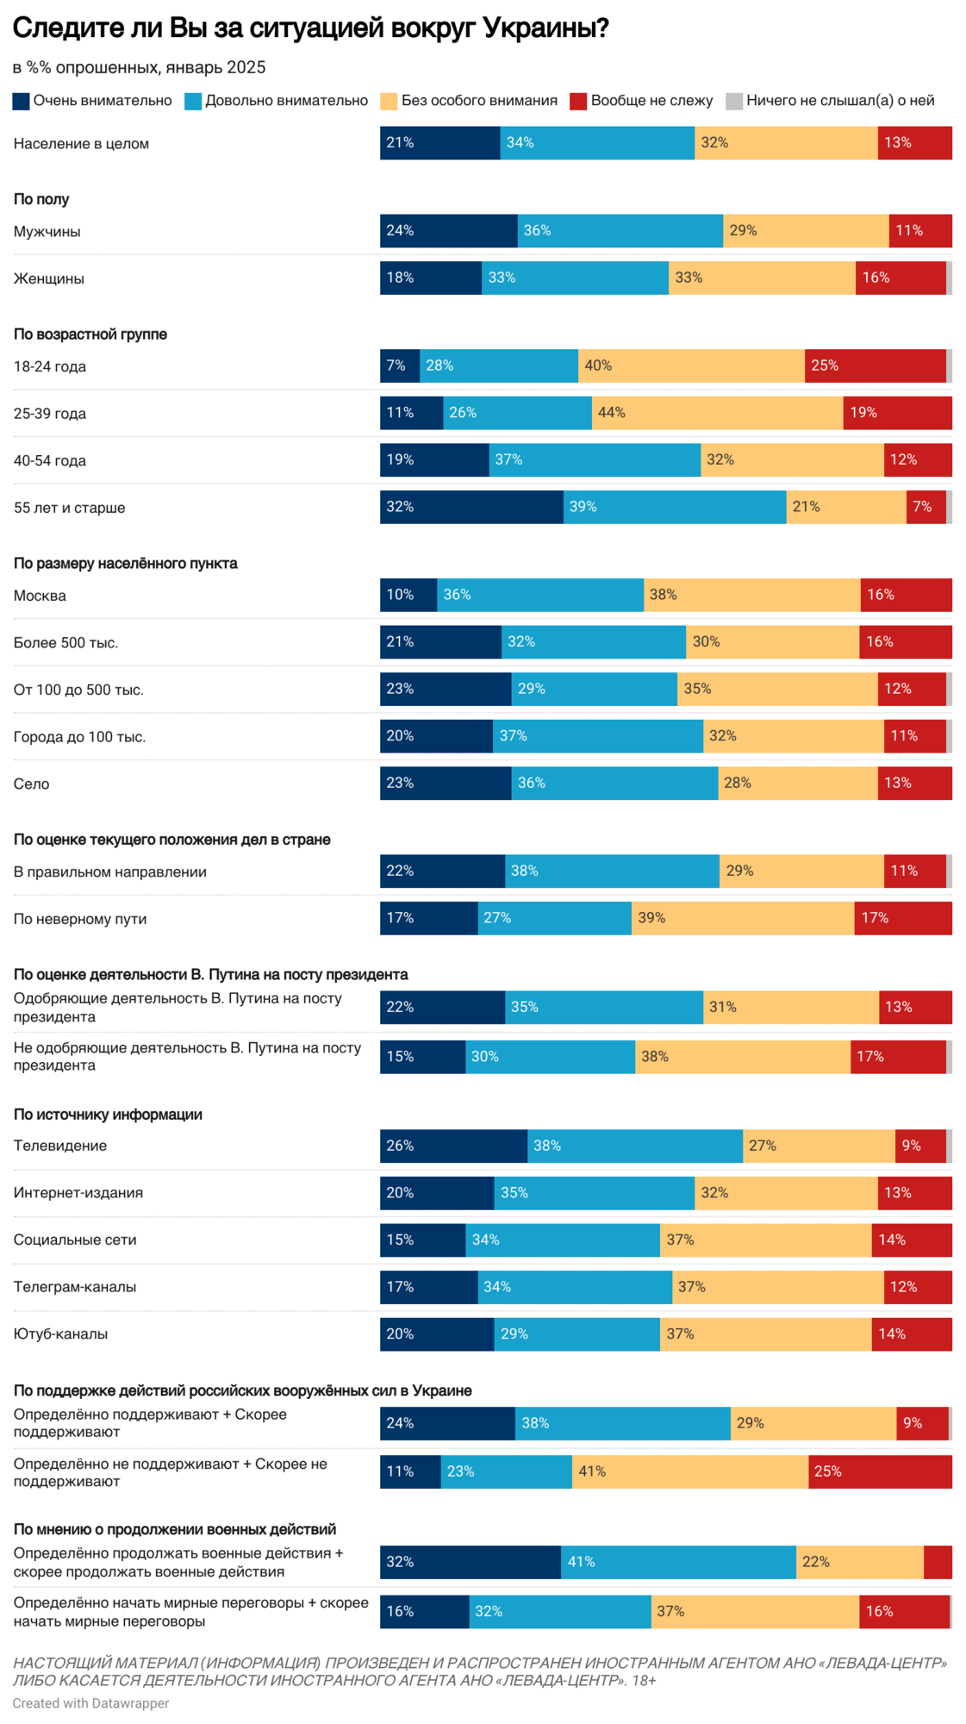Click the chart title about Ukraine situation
(310, 28)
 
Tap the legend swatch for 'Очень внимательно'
(22, 102)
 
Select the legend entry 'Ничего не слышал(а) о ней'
(831, 101)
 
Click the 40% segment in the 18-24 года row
(691, 365)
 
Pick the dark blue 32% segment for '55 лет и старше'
(471, 507)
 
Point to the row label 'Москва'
(40, 596)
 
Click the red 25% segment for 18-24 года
(875, 365)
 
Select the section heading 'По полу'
(41, 199)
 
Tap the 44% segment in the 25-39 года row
(717, 413)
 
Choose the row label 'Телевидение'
(60, 1146)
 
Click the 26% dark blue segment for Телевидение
(453, 1146)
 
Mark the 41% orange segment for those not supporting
(689, 1471)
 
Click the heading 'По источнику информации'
(108, 1115)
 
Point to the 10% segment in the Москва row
(408, 595)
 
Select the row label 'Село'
(32, 784)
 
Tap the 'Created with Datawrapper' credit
(90, 1703)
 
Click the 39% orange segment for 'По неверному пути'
(742, 918)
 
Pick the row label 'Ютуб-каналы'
(60, 1334)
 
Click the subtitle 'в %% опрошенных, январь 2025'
(139, 67)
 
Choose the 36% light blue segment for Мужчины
(620, 230)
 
